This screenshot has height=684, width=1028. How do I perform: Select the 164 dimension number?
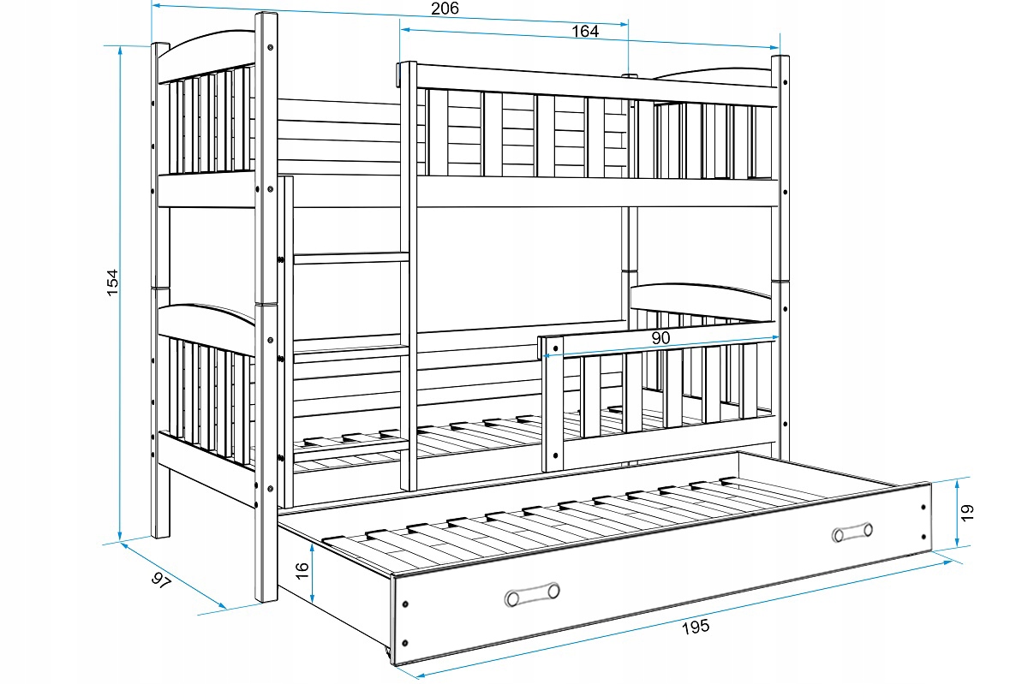[x=585, y=32]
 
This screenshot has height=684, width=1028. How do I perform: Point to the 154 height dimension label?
[x=112, y=283]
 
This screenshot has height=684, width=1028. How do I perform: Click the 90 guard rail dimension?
[x=660, y=338]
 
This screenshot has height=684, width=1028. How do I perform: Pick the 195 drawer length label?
[x=696, y=627]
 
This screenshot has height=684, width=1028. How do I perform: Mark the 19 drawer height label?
[x=968, y=512]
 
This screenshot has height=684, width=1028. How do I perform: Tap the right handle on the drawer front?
[x=852, y=532]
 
